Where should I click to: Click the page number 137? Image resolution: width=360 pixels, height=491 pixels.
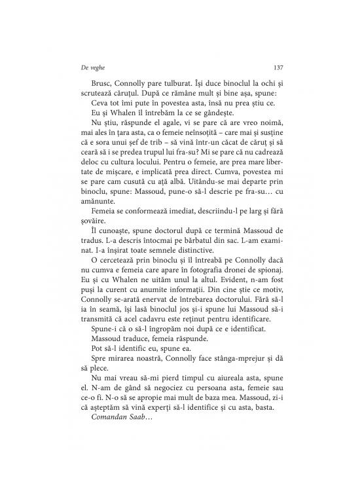(x=277, y=67)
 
